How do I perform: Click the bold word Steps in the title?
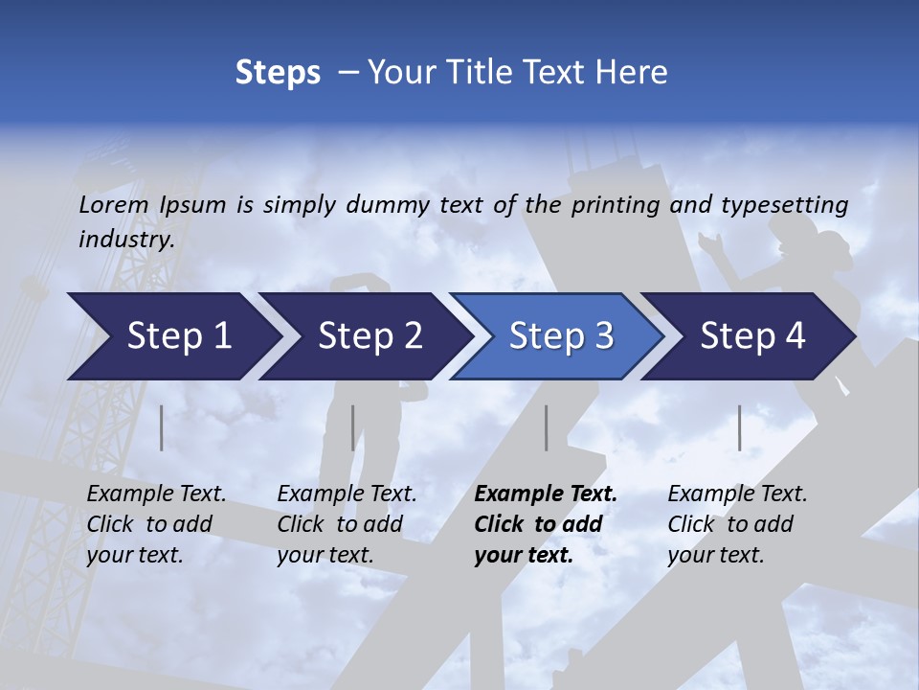pos(278,73)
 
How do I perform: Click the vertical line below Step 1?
pos(162,427)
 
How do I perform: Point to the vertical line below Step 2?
pos(353,427)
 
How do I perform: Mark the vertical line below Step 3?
pos(546,427)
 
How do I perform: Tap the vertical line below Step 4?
pos(739,427)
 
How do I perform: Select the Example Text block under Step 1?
pos(155,524)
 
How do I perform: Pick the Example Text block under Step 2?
pos(346,524)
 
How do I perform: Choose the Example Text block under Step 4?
pos(736,524)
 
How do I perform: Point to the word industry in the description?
pos(125,240)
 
